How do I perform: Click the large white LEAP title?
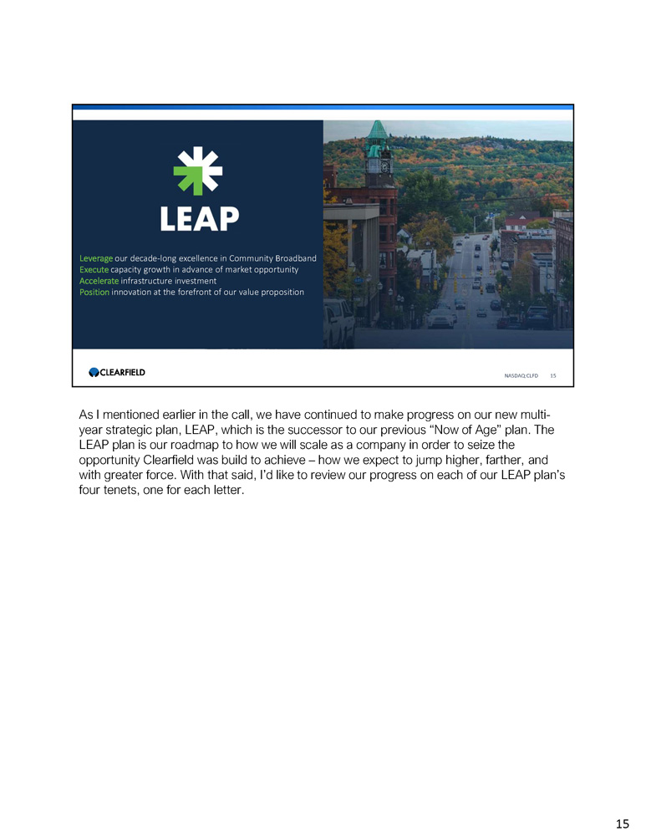coord(199,219)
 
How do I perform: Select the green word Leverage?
coord(96,257)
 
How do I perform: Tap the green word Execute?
coord(94,269)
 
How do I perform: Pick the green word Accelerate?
coord(99,281)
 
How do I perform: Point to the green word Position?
coord(94,292)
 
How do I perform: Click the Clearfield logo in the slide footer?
coord(117,372)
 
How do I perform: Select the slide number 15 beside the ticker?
coord(552,376)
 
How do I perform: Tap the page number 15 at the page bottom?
coord(622,824)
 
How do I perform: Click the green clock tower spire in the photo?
coord(378,132)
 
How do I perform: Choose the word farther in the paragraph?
coord(496,461)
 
